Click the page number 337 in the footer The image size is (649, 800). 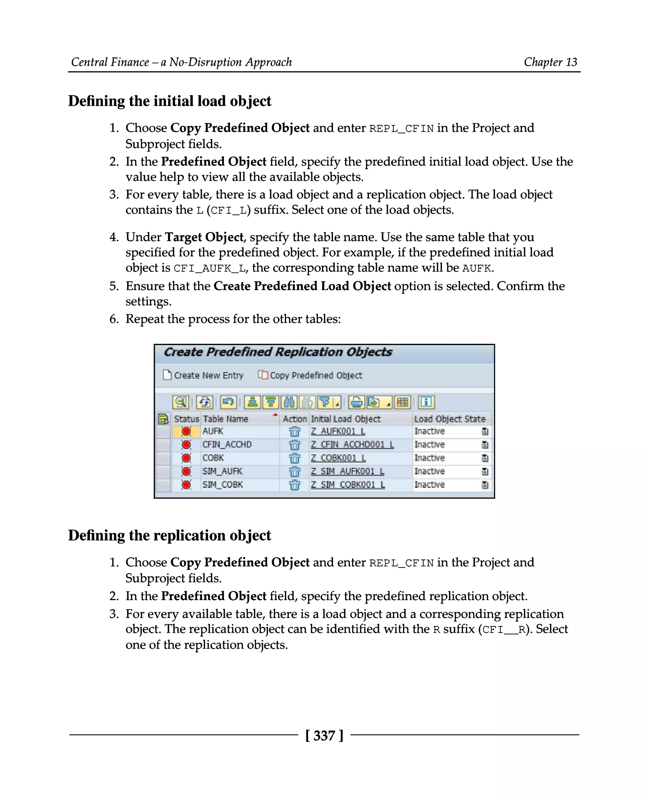coord(324,735)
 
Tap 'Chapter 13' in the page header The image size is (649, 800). coord(550,62)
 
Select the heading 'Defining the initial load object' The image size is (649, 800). coord(170,101)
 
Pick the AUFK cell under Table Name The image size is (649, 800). coord(213,432)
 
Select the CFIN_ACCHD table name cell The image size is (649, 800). coord(227,445)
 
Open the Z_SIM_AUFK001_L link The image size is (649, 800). coord(347,471)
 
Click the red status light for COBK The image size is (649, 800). coord(186,458)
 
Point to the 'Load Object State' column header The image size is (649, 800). coord(450,419)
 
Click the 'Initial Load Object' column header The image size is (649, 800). coord(346,419)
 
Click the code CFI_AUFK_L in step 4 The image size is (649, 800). coord(210,268)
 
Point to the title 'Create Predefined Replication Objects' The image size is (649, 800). coord(278,352)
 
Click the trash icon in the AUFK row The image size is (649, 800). coord(295,432)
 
